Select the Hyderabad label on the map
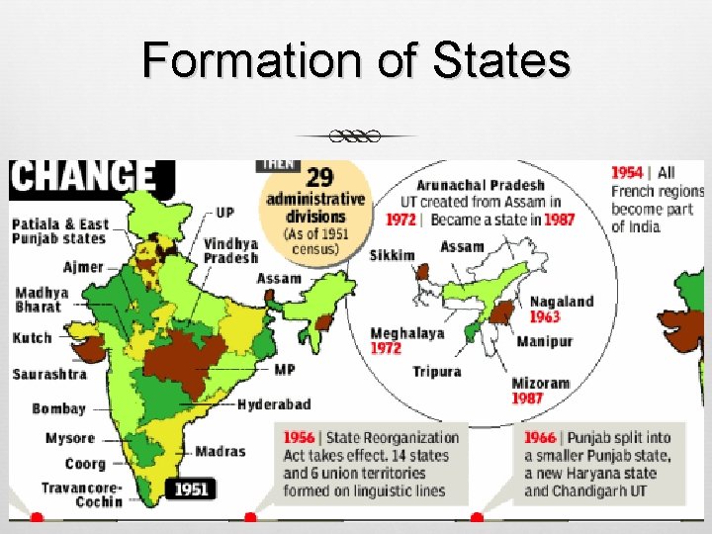tap(274, 404)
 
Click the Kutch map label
tap(32, 338)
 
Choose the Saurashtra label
tap(50, 374)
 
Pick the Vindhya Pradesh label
tap(230, 250)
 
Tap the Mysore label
tap(70, 438)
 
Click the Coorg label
tap(85, 464)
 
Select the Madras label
tap(220, 452)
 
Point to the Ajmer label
tap(83, 267)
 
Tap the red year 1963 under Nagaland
tap(544, 316)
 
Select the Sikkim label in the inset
tap(393, 255)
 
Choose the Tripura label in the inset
tap(436, 372)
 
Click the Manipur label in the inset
tap(544, 341)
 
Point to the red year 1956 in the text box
tap(299, 437)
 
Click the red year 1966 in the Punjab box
tap(540, 437)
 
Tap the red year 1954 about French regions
tap(627, 172)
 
